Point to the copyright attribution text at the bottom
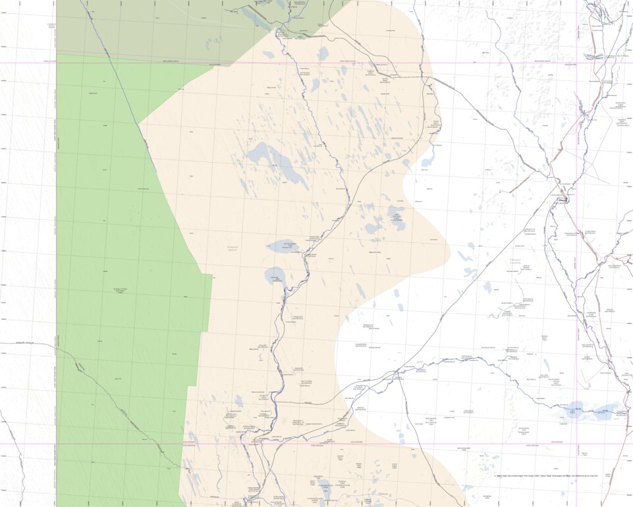coord(546,475)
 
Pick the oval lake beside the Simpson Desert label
coord(283,246)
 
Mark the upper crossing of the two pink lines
coord(576,63)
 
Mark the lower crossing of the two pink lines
coord(576,443)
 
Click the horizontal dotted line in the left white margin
coord(26,343)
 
